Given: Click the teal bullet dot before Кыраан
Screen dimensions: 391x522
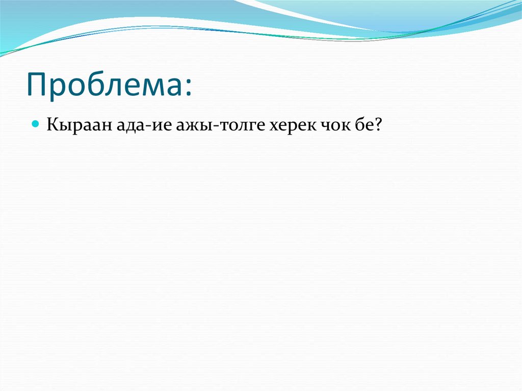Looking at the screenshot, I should point(36,124).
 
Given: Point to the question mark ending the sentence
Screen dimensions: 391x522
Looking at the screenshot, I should point(379,124).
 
